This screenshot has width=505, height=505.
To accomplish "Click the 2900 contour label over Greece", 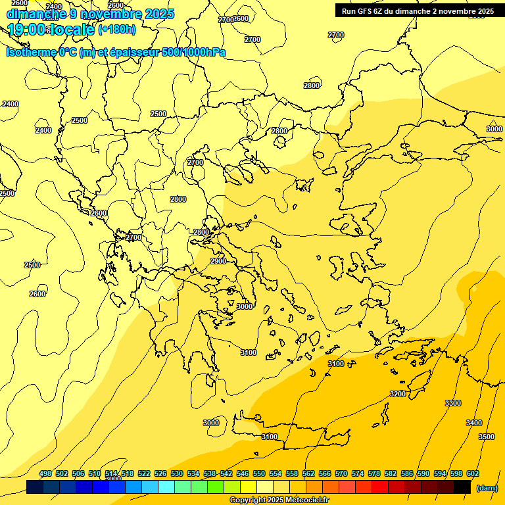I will pyautogui.click(x=218, y=261).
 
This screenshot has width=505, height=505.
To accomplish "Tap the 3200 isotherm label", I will pyautogui.click(x=398, y=394).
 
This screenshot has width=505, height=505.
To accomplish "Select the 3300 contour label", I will pyautogui.click(x=453, y=403).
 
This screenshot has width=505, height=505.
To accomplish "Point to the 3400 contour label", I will pyautogui.click(x=474, y=423).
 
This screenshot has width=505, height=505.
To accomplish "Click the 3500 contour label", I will pyautogui.click(x=487, y=437).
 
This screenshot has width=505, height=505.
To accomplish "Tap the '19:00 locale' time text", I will pyautogui.click(x=51, y=29).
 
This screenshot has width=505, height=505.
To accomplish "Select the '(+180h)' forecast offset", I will pyautogui.click(x=117, y=30).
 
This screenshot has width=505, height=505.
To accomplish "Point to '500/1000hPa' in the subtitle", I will pyautogui.click(x=193, y=53).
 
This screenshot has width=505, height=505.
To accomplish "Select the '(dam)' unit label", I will pyautogui.click(x=487, y=487).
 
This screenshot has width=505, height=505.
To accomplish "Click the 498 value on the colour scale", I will pyautogui.click(x=45, y=473).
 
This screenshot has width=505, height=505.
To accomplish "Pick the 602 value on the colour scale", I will pyautogui.click(x=473, y=473).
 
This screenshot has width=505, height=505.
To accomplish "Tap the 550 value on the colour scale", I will pyautogui.click(x=259, y=473).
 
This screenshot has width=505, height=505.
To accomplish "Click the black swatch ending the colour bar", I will pyautogui.click(x=462, y=487).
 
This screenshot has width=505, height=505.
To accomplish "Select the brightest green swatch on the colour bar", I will pyautogui.click(x=216, y=487).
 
